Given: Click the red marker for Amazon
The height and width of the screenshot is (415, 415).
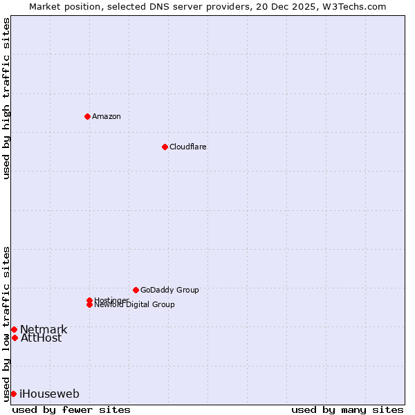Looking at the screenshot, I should point(87,116).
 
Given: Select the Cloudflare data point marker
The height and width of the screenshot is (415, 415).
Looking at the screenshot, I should point(165,147).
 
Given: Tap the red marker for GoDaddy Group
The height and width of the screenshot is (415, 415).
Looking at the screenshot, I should point(136,290).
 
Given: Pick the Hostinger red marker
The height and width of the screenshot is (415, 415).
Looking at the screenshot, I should point(89,300).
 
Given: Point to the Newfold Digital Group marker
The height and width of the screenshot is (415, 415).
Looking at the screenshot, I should point(89,304).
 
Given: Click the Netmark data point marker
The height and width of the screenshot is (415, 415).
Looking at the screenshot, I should point(14,329).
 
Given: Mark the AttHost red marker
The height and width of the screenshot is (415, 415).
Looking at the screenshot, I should point(15,338).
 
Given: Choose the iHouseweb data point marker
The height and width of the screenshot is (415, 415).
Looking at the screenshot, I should point(13,394).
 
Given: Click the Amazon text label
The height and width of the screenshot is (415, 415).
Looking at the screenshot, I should point(107,116).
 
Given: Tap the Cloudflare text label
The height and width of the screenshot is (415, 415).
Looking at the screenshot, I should point(188,147).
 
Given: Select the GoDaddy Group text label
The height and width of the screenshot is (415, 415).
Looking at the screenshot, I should point(169,290).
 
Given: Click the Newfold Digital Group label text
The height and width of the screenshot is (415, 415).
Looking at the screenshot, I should point(134,305).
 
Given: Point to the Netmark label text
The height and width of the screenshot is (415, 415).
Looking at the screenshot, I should point(44,329).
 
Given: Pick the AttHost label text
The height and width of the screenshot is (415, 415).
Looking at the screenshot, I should point(41,338).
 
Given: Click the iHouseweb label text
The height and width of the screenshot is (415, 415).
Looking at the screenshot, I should point(49,394).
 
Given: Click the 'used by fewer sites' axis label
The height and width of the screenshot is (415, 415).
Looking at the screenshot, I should point(71,409).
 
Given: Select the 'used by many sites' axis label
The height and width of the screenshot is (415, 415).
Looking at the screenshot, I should point(347,409).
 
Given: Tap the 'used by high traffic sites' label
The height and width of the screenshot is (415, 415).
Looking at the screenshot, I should point(7,98).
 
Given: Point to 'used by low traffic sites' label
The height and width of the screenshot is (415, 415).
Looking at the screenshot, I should point(7,323).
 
